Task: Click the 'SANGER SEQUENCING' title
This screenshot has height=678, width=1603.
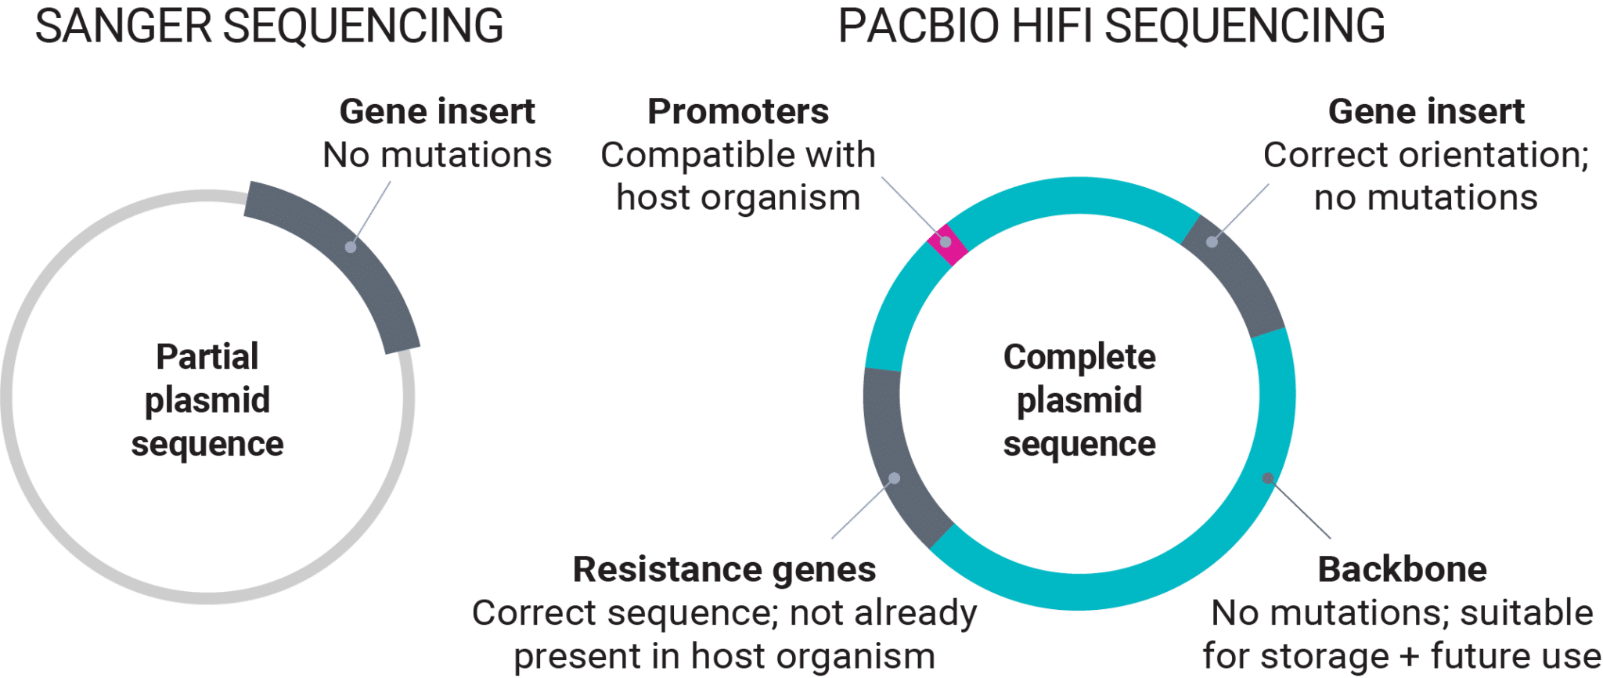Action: (x=269, y=26)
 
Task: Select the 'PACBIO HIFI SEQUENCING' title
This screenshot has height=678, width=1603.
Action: (x=1111, y=26)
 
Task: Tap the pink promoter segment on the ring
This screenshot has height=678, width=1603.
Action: (x=946, y=243)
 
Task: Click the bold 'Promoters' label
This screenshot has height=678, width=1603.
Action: (x=737, y=112)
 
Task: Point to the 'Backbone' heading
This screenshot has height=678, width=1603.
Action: (x=1402, y=569)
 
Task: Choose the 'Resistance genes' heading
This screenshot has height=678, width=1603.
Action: (x=724, y=569)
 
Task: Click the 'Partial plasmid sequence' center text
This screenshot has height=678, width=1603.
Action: (x=207, y=400)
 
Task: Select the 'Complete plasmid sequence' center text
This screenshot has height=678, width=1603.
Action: (x=1079, y=400)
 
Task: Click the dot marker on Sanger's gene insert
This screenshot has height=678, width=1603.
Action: (x=351, y=247)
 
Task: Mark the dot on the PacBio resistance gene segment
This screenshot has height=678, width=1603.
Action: (x=895, y=478)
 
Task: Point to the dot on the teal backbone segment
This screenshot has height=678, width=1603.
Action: (x=1268, y=478)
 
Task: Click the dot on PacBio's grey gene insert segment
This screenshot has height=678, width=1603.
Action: (x=1212, y=242)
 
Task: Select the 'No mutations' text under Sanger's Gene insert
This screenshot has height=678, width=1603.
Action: (x=437, y=155)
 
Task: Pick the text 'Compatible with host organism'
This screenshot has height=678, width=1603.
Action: (x=737, y=176)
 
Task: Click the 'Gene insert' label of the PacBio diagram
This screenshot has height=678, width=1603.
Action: (x=1426, y=112)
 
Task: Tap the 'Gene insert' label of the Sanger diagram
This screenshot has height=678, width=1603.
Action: (x=437, y=112)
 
